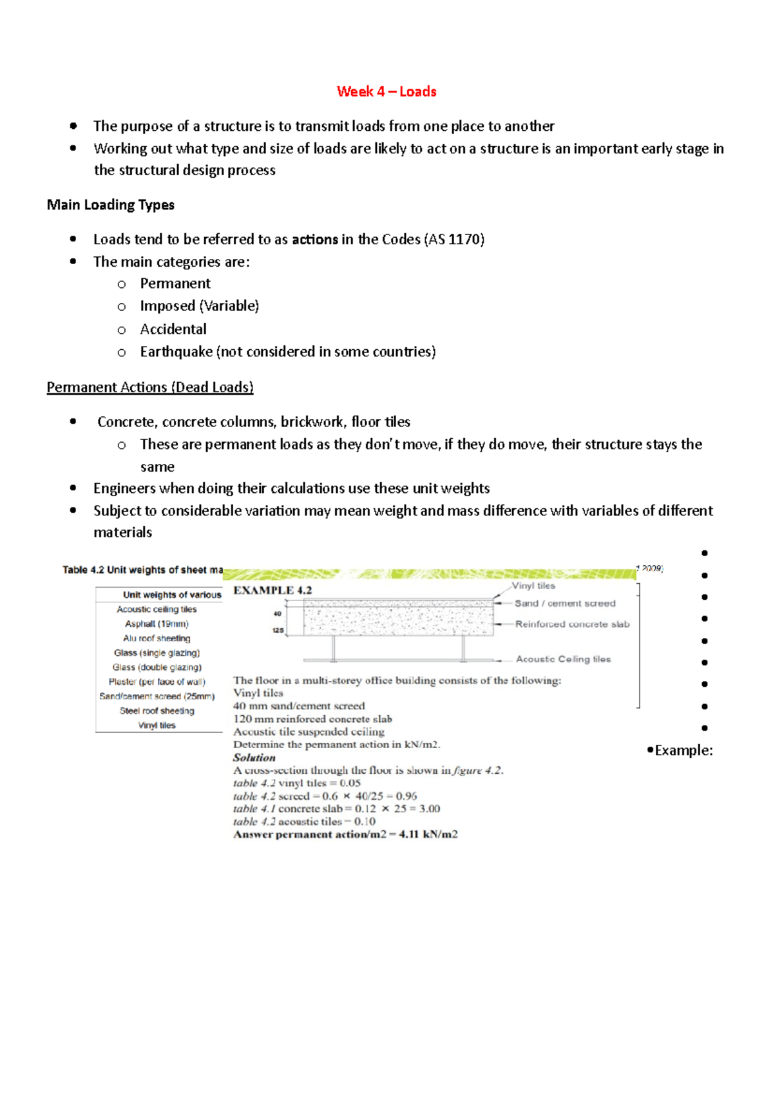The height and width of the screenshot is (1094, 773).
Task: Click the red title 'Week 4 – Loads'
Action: coord(386,91)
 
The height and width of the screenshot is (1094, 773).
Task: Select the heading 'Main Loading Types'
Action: coord(110,205)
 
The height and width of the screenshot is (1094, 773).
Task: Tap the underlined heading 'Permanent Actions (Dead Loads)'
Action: coord(150,387)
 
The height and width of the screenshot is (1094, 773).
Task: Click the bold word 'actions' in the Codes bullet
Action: coord(315,240)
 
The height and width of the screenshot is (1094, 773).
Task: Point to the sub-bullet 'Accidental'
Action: coord(173,329)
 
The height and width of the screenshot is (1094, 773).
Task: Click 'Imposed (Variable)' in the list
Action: coord(199,306)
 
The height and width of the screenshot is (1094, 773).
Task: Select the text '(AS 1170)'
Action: coord(454,240)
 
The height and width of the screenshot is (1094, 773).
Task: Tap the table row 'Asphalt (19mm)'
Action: coord(157,624)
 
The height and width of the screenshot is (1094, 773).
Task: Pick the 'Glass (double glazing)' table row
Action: coord(157,667)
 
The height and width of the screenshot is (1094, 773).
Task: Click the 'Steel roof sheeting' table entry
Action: coord(157,711)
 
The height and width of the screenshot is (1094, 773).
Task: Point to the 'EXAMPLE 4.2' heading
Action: coord(272,590)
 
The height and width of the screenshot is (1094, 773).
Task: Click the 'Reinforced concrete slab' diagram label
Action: coord(572,624)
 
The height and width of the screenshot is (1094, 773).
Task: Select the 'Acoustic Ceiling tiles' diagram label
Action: coord(563,659)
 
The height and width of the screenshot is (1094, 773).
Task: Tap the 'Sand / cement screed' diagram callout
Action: coord(565,604)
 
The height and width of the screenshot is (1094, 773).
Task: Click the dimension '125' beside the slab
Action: coord(278,630)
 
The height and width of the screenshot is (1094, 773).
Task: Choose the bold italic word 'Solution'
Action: coord(254,758)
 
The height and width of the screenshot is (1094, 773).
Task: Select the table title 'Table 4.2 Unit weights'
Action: coord(142,570)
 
